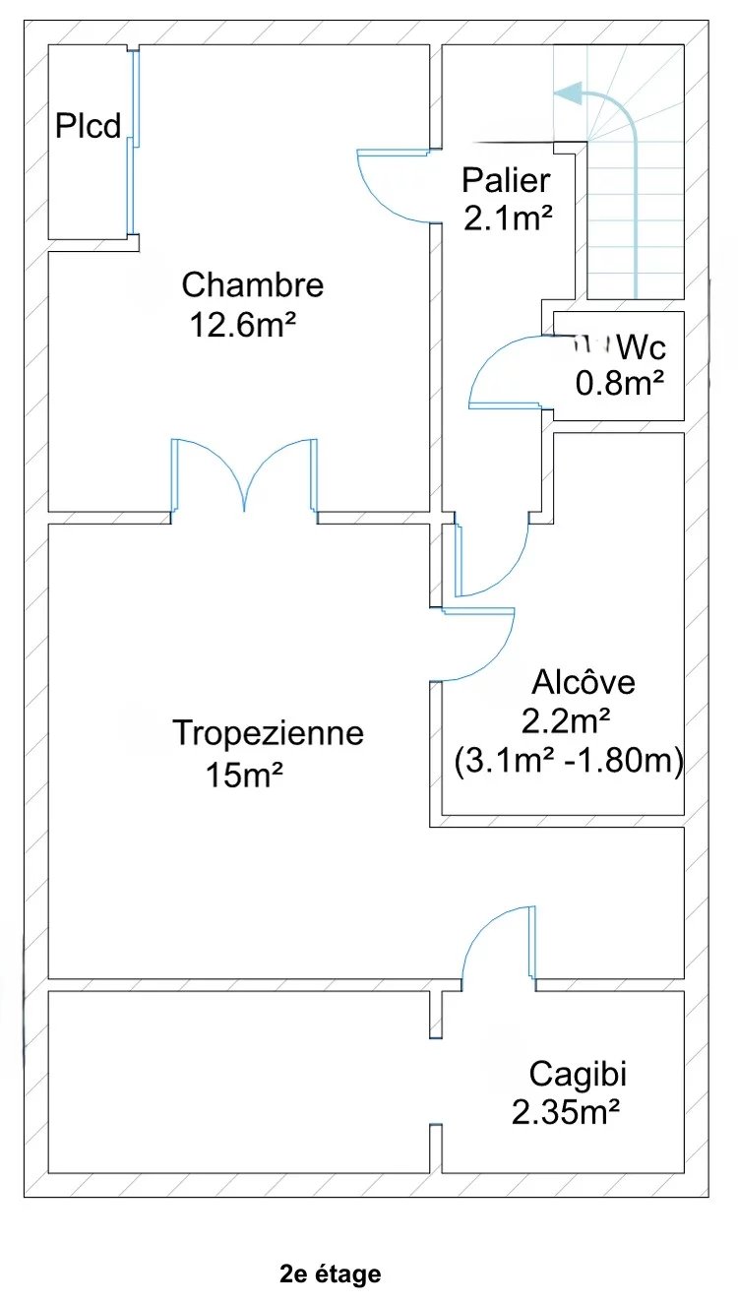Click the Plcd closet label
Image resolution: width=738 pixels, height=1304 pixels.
point(89,127)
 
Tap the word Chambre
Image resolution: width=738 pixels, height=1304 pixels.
point(253,285)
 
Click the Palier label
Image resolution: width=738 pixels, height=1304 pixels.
point(506,181)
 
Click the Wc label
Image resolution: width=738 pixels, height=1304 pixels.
point(643,346)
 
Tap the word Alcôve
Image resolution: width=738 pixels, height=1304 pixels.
point(584,682)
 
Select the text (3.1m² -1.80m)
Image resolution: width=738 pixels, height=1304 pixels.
point(570,761)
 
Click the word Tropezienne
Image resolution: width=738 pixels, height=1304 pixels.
point(268,733)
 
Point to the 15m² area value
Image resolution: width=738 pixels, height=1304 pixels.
point(245,775)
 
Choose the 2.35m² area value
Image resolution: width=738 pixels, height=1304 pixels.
point(565,1112)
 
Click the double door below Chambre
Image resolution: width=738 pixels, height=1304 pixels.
point(245,477)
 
